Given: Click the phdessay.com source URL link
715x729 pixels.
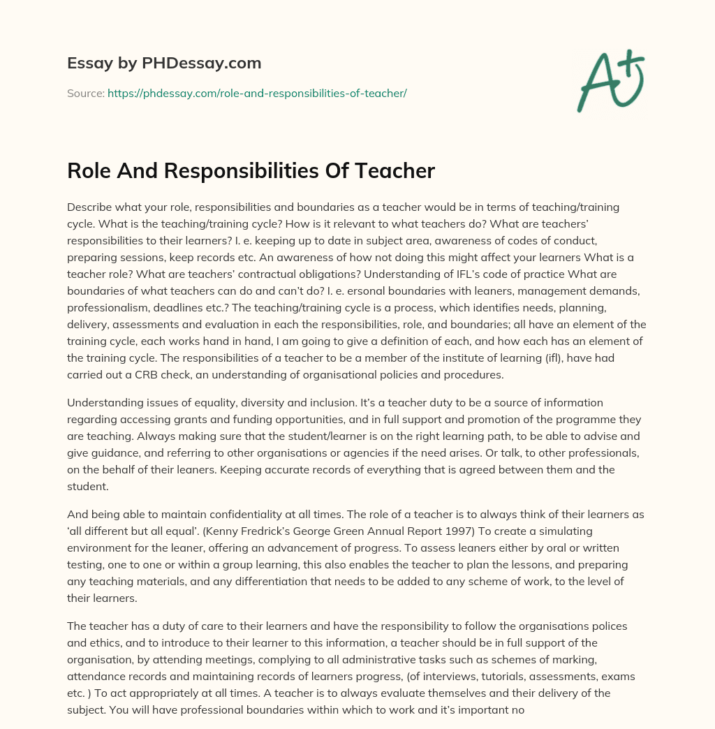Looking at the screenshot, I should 257,93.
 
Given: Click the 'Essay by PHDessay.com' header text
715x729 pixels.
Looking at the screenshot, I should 164,64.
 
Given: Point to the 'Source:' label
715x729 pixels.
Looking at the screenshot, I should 85,93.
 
